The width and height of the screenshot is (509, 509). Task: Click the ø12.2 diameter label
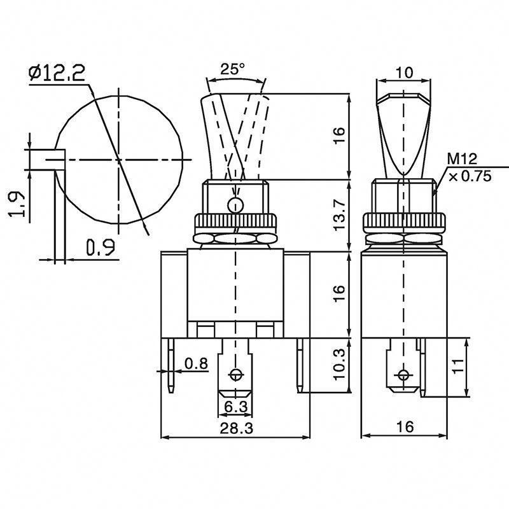point(57,74)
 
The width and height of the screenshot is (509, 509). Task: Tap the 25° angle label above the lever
point(234,69)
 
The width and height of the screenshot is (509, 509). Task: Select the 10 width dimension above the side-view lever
point(403,73)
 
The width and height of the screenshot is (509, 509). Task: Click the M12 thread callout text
point(462,159)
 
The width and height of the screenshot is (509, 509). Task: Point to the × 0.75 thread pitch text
point(470,177)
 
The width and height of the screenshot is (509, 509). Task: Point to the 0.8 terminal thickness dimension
point(195,363)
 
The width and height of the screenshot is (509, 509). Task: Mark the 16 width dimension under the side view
point(403,427)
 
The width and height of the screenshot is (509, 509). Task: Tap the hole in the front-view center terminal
point(237,374)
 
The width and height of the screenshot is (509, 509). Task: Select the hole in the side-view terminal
point(402,374)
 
